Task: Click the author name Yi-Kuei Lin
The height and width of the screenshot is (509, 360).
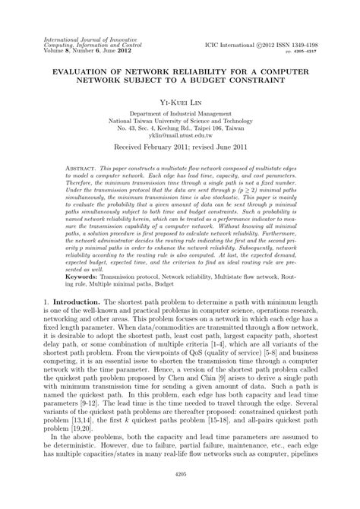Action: coord(179,100)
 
